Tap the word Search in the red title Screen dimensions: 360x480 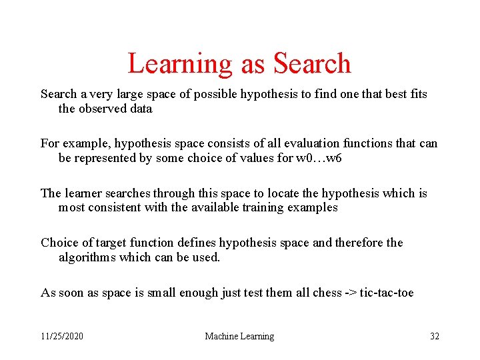[x=312, y=64]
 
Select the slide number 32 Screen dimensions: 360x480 [x=435, y=336]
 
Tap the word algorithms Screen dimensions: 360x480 [x=87, y=257]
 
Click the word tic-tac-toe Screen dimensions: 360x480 [x=387, y=292]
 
